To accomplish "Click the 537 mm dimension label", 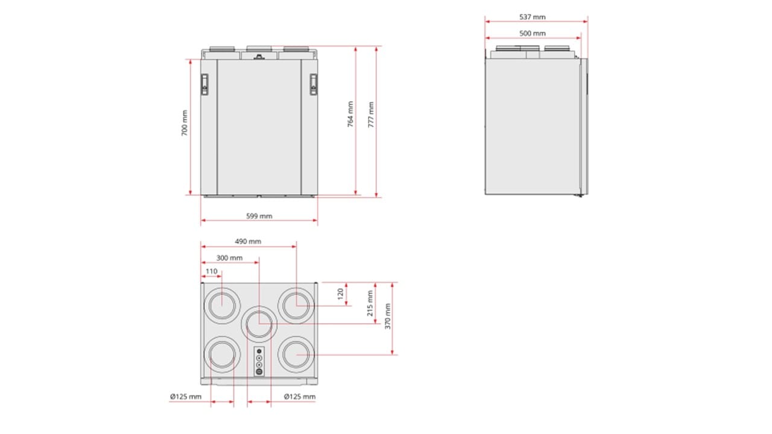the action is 532,17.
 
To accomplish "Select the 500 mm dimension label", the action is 532,33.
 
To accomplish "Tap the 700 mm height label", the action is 185,123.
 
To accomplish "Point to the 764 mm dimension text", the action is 350,115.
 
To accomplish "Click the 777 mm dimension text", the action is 371,115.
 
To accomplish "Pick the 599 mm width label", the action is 259,216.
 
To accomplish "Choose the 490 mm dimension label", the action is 248,242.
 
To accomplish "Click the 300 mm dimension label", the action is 229,258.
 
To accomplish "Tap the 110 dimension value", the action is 211,271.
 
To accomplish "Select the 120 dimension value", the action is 341,294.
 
